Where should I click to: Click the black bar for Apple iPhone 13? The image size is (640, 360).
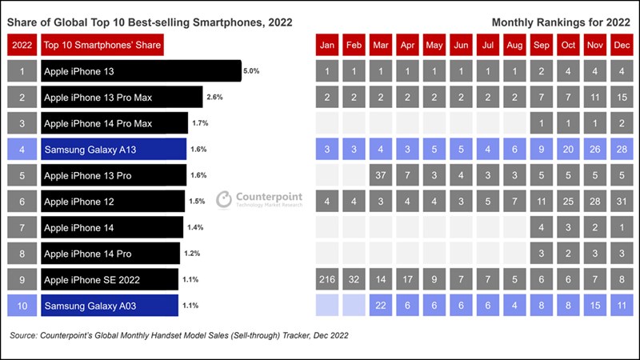coord(140,71)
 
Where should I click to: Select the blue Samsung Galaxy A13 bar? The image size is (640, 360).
coord(113,149)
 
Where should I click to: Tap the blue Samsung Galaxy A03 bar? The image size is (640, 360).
coord(109,305)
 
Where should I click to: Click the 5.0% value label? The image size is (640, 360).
coord(251,71)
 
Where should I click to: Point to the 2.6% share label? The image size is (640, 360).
coord(214,98)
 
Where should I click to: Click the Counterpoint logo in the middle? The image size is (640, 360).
coord(254,199)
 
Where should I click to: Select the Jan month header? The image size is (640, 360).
coord(327,45)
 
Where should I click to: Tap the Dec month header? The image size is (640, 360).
coord(622,45)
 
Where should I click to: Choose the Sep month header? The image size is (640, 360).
coord(542,45)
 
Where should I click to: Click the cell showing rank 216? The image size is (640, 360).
coord(327,279)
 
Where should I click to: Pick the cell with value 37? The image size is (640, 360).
coord(381,175)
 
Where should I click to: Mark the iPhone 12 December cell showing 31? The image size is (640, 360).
coord(622,201)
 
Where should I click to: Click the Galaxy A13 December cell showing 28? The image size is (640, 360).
coord(622,149)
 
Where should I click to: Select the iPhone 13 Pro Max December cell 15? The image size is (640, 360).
coord(622,98)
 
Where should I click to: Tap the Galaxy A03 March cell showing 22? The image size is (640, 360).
coord(381,305)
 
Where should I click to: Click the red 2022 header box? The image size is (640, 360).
coord(22,45)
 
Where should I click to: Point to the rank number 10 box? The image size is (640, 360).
coord(22,305)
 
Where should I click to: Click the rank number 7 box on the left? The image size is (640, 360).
coord(22,227)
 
